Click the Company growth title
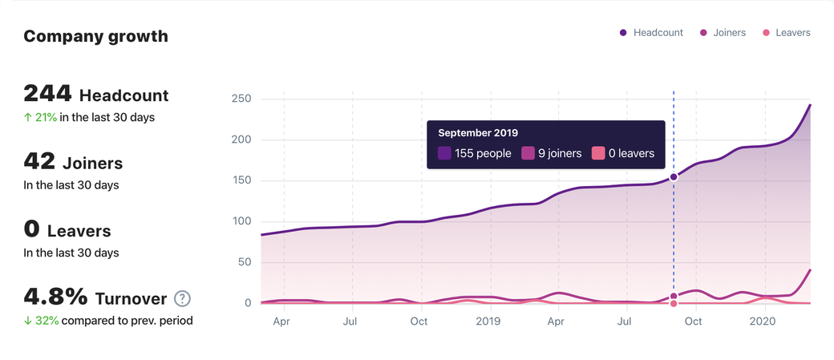pyautogui.click(x=95, y=36)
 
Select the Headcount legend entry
pyautogui.click(x=651, y=33)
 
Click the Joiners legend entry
pyautogui.click(x=723, y=33)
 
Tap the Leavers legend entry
pyautogui.click(x=786, y=33)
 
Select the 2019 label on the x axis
pyautogui.click(x=488, y=322)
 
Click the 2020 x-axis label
pyautogui.click(x=762, y=322)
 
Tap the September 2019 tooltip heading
pyautogui.click(x=478, y=133)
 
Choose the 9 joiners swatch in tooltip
pyautogui.click(x=528, y=153)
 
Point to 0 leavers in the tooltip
pyautogui.click(x=631, y=153)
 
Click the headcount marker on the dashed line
pyautogui.click(x=674, y=177)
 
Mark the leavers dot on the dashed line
pyautogui.click(x=674, y=303)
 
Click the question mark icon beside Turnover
pyautogui.click(x=183, y=299)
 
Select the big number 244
pyautogui.click(x=48, y=94)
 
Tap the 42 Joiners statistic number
pyautogui.click(x=39, y=162)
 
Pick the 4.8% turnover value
pyautogui.click(x=55, y=297)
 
